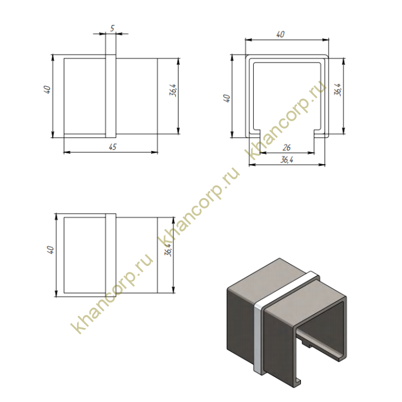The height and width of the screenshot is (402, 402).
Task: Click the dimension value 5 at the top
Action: (x=113, y=28)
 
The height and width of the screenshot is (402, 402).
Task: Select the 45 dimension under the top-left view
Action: (x=113, y=146)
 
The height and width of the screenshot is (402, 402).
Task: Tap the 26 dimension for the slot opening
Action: (x=287, y=148)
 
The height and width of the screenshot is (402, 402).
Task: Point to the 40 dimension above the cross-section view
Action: (x=280, y=34)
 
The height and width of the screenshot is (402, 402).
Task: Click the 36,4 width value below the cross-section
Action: (x=287, y=160)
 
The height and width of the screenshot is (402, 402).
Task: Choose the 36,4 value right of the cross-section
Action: (x=338, y=90)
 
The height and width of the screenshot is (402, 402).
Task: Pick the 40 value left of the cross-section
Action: (x=227, y=98)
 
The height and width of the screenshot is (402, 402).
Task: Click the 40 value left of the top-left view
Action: (x=47, y=90)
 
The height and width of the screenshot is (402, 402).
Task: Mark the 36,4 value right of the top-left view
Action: (x=173, y=90)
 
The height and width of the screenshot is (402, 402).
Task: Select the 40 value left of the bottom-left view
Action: (x=51, y=250)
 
